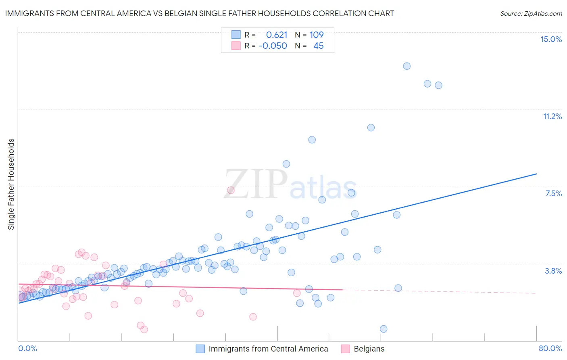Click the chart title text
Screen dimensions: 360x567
tap(199, 13)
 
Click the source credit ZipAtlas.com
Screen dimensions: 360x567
tap(531, 13)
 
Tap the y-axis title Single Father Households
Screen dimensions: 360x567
tap(11, 184)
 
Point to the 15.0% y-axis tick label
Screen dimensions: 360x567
tap(551, 39)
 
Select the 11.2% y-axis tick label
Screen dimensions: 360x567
tap(552, 116)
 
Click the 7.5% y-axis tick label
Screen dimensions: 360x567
tap(553, 193)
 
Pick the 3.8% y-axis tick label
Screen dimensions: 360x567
tap(553, 271)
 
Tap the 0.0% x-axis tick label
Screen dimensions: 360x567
tap(27, 348)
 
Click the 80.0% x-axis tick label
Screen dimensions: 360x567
tap(550, 348)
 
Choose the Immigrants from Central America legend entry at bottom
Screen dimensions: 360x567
tap(268, 349)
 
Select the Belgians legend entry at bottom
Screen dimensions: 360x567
tap(369, 349)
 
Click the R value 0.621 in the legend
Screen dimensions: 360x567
tap(277, 35)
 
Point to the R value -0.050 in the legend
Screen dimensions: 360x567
tap(273, 46)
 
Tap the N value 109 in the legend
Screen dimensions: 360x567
tap(317, 35)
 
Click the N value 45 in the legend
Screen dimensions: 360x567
tap(318, 46)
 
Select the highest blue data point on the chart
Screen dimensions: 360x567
tap(406, 66)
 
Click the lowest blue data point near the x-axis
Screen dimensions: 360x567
tap(384, 329)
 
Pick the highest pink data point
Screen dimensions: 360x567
tap(231, 190)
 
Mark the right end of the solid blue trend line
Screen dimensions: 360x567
tap(536, 174)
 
